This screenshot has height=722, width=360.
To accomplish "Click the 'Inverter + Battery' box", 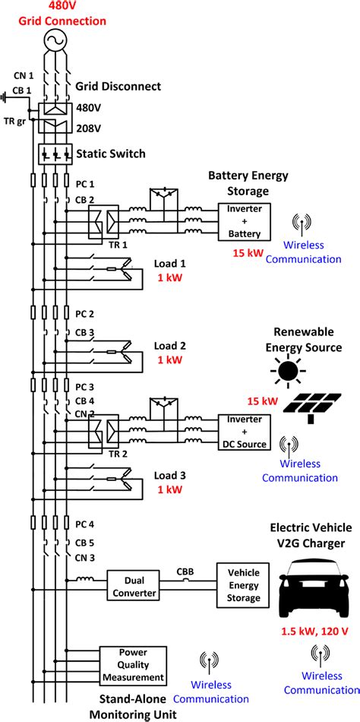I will click(x=244, y=220).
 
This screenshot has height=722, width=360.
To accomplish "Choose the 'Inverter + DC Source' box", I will click(x=244, y=431).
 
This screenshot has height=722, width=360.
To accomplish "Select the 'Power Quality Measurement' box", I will click(x=133, y=665).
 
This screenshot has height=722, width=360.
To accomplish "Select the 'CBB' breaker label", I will click(x=185, y=570).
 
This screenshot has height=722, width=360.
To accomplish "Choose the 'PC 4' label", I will click(x=86, y=524).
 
